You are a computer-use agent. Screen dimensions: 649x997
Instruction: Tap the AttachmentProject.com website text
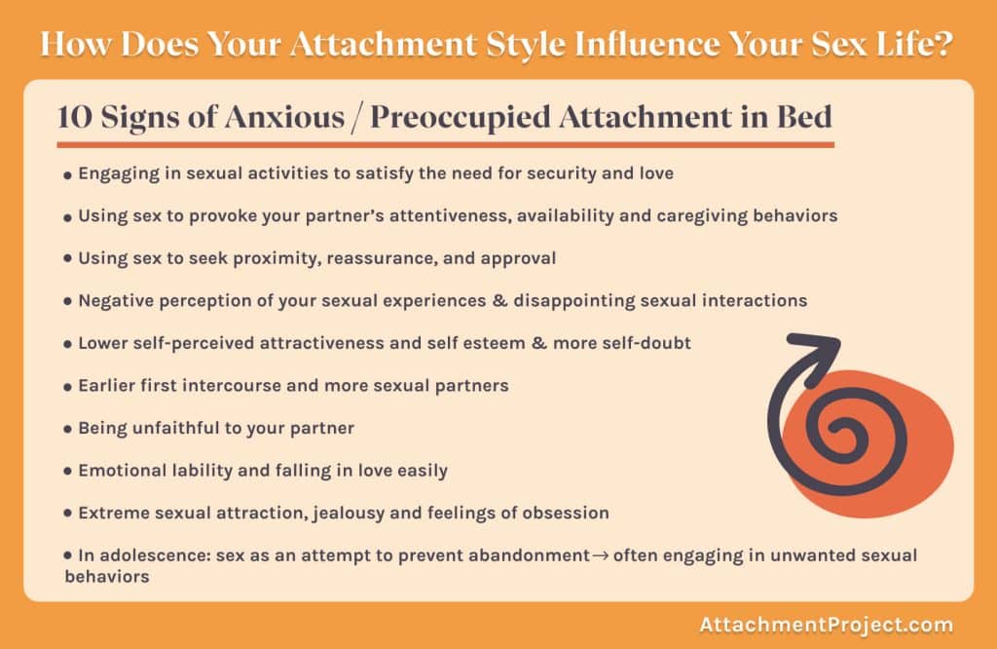(826, 625)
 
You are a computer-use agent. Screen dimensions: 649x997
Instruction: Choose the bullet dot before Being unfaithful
(67, 429)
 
